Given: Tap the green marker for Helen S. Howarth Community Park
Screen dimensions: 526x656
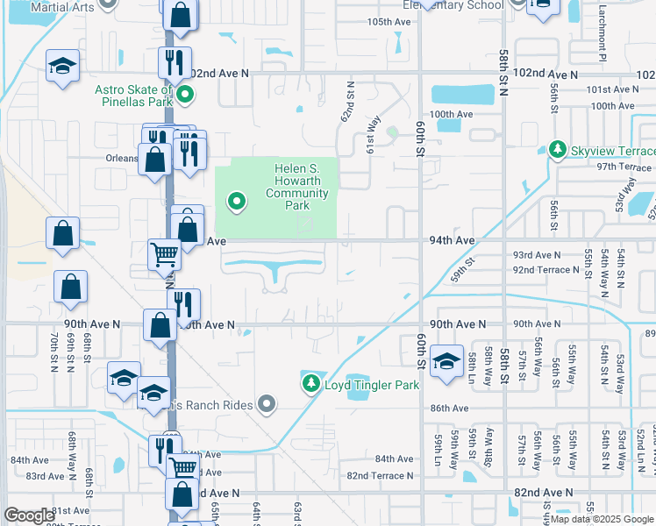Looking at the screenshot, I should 236,203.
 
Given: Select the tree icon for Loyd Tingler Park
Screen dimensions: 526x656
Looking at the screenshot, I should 310,384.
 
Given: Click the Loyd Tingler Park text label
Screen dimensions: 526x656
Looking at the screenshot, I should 372,385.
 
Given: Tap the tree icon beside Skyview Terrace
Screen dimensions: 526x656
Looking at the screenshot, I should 557,151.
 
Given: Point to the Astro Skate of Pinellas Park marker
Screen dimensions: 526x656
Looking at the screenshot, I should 184,95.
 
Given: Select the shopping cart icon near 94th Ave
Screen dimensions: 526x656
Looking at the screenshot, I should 164,254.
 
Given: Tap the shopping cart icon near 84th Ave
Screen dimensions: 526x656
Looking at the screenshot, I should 182,466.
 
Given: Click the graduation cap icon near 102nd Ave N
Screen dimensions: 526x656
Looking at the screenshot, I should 62,67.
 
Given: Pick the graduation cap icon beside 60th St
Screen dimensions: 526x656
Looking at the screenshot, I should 446,359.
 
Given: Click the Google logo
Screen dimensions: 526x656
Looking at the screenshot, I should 30,515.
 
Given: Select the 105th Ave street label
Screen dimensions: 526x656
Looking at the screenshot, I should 389,21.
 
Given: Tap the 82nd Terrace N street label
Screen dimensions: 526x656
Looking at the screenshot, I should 380,476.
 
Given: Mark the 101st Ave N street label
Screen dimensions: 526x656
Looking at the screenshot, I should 613,89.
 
